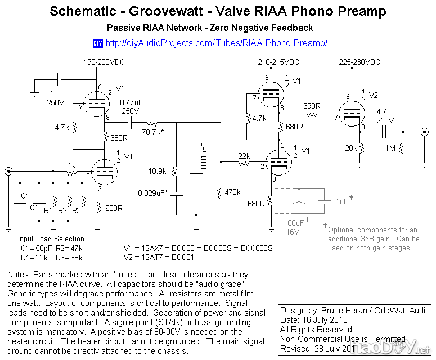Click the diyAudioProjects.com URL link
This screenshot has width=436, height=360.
click(x=216, y=43)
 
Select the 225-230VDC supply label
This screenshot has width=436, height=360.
click(x=359, y=62)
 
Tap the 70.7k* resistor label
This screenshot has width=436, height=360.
click(x=154, y=133)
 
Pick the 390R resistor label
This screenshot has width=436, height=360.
click(x=313, y=106)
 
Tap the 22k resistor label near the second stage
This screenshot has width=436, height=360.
click(x=244, y=155)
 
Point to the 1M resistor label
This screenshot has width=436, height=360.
click(x=390, y=148)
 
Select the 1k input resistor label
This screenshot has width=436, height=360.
click(x=71, y=165)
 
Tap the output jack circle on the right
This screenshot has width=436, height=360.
click(x=425, y=133)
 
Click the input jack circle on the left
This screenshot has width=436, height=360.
click(x=8, y=171)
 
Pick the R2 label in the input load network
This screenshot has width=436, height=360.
click(x=62, y=210)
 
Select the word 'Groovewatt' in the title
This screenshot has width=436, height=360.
click(x=168, y=12)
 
